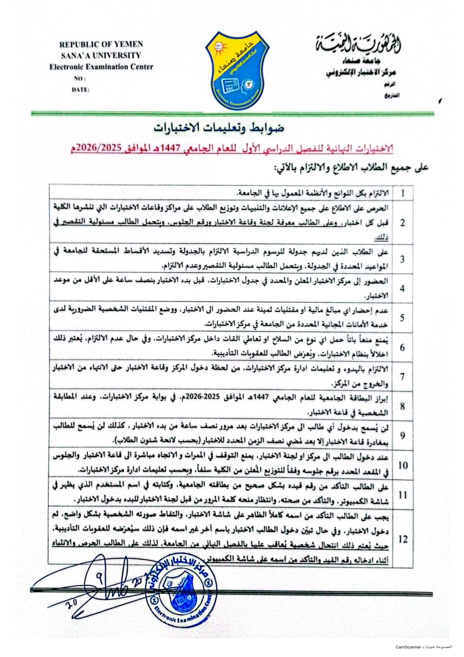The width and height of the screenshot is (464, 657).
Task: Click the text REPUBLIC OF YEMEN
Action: [101, 44]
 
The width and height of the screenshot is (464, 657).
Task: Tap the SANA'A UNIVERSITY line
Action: [101, 55]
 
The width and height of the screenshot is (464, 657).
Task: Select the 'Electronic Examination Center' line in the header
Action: [101, 67]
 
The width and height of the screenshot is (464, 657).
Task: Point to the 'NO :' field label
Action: [80, 78]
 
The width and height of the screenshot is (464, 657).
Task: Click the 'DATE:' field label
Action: [81, 90]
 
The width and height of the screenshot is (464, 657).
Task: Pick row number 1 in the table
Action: [403, 193]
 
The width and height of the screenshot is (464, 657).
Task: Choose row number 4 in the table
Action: [403, 289]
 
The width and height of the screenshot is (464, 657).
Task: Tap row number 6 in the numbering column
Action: [403, 347]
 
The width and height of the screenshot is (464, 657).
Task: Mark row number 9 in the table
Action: [403, 436]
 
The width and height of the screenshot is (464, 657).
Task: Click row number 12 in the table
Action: [403, 539]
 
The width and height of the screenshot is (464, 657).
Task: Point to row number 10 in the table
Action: [403, 465]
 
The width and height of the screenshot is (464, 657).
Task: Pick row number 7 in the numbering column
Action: [403, 377]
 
